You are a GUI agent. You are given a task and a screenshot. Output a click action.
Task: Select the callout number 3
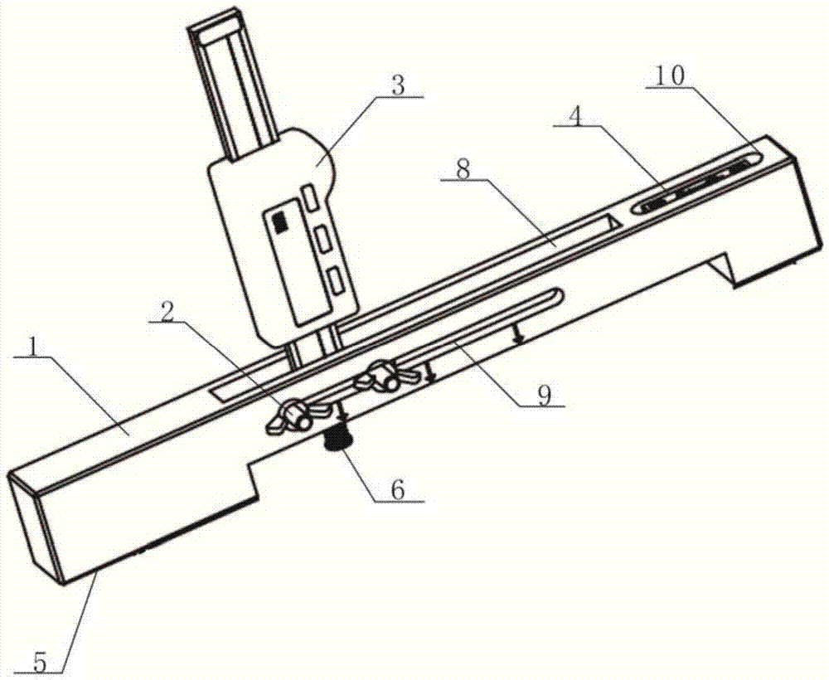click(x=398, y=85)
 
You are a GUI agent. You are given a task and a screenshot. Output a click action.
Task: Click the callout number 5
click(x=40, y=662)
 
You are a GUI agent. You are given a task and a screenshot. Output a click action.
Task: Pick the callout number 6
click(x=398, y=489)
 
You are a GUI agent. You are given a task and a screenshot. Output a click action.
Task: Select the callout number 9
click(x=545, y=394)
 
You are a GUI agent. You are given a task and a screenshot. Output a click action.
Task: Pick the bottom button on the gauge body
click(x=334, y=279)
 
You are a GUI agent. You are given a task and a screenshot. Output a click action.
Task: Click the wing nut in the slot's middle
click(x=387, y=376)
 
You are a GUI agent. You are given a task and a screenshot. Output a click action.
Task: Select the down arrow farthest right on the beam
click(x=520, y=335)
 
